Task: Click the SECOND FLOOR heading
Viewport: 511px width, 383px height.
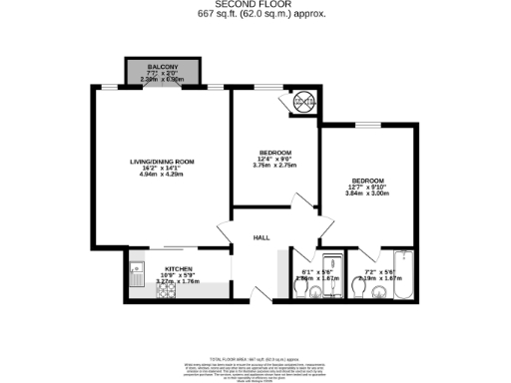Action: (255, 4)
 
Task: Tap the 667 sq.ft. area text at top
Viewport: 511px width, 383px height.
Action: (255, 14)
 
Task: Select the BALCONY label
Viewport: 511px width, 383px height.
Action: (161, 66)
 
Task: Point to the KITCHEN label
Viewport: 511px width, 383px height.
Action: (179, 269)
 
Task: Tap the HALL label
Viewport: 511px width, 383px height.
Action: (261, 237)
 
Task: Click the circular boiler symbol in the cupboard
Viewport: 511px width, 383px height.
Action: (302, 102)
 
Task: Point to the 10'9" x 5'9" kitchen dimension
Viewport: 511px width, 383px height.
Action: (179, 276)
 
